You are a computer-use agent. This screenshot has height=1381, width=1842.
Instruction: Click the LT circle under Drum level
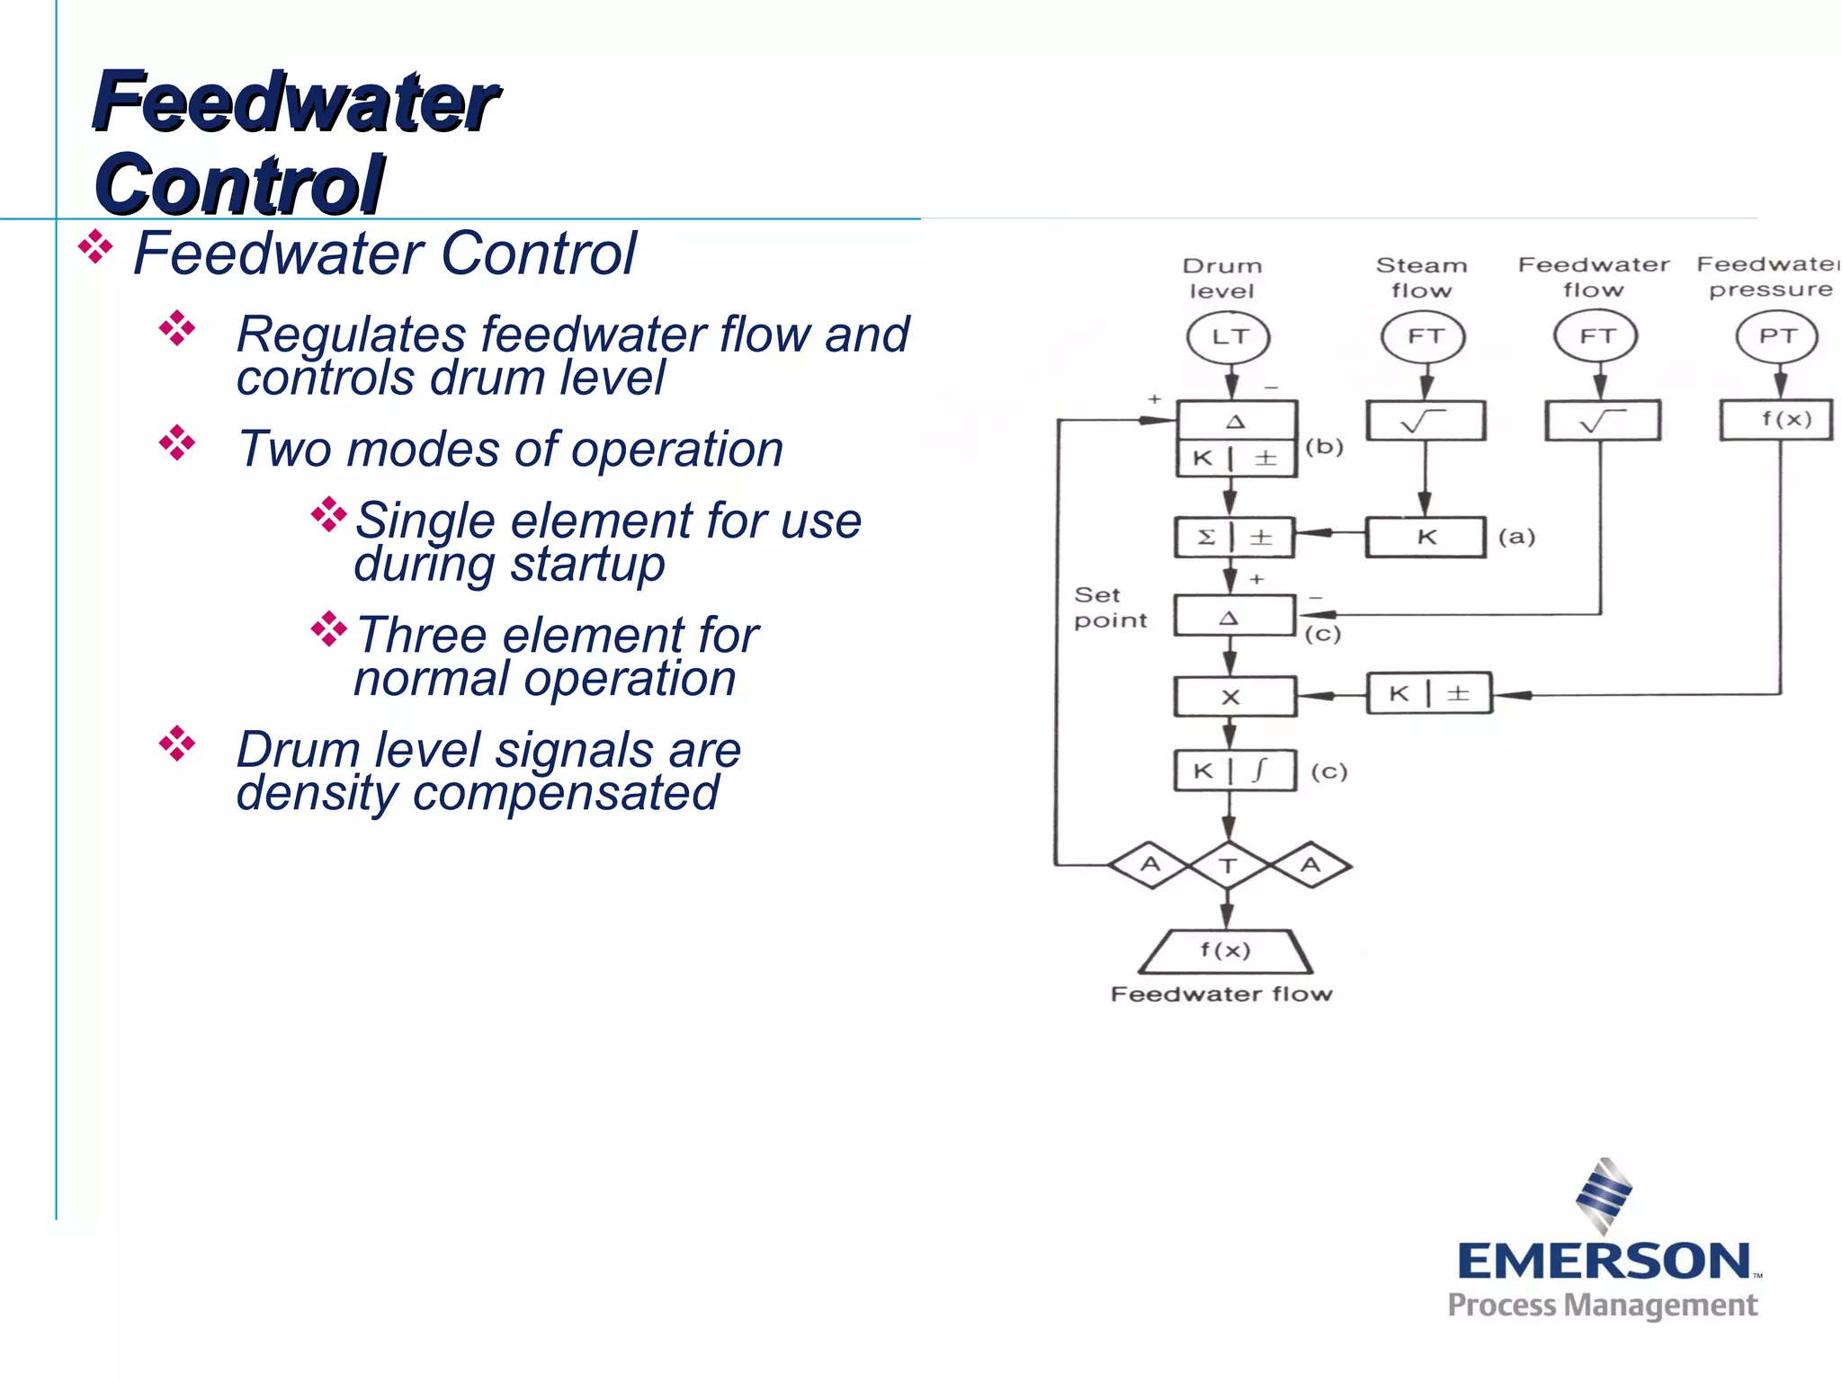pos(1229,337)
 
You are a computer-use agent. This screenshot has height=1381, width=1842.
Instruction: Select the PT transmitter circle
pos(1776,336)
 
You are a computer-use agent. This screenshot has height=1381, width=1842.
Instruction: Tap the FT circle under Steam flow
pos(1423,336)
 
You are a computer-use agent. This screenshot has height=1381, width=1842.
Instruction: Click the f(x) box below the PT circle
pos(1776,420)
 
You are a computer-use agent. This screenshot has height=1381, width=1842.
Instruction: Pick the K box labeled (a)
pos(1425,538)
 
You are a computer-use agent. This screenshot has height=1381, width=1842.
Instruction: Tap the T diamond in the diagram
pos(1229,866)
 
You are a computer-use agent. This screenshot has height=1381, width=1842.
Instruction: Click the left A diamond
pos(1150,865)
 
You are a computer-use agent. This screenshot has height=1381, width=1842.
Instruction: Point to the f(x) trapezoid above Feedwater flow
pos(1225,951)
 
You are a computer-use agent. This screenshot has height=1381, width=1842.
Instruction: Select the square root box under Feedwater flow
pos(1602,421)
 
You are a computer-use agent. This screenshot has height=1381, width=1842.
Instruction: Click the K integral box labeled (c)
pos(1234,771)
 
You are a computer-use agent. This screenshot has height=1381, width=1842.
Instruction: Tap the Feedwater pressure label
pos(1768,277)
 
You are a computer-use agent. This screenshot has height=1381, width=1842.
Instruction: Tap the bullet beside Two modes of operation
pos(177,443)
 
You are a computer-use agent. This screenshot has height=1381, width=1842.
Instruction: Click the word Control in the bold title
pos(240,184)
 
